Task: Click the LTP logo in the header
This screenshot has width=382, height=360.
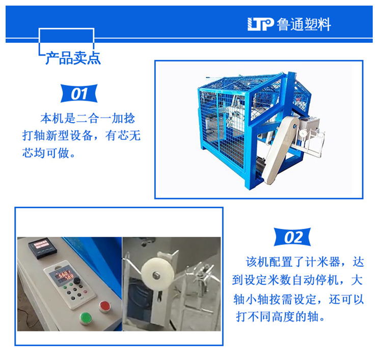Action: [260, 24]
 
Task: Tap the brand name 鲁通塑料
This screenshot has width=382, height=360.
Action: [304, 24]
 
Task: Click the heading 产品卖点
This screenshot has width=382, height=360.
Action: [73, 58]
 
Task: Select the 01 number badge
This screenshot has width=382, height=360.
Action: [79, 94]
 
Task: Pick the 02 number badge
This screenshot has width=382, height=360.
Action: [292, 237]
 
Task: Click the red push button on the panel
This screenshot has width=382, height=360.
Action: [104, 306]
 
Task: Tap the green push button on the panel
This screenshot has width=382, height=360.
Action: [86, 318]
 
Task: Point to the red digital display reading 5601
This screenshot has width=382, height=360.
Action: [63, 275]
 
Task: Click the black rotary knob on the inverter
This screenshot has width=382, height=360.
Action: [77, 281]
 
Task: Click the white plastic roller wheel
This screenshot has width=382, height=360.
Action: [157, 274]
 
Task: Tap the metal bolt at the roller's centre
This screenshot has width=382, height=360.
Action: [155, 275]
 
